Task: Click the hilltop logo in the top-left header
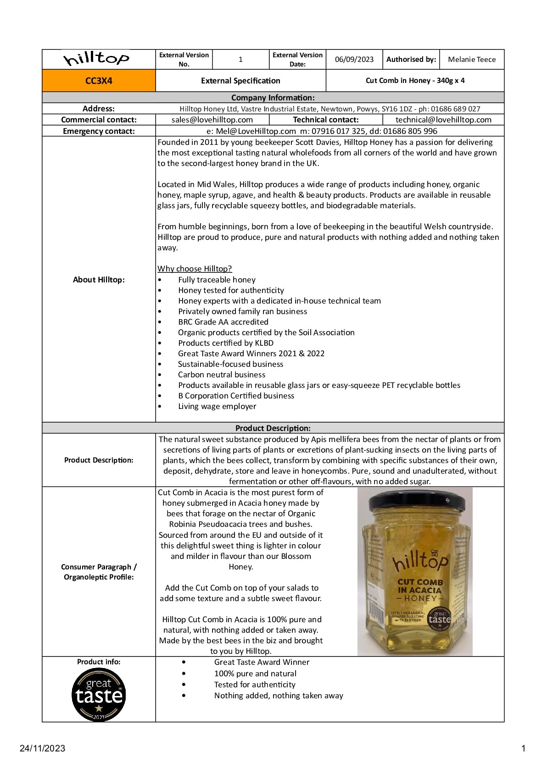click(x=97, y=59)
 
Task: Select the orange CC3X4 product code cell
click(x=99, y=81)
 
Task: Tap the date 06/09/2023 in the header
click(x=354, y=60)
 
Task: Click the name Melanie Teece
click(x=471, y=60)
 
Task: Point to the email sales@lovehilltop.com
click(x=212, y=120)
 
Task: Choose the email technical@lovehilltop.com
click(x=443, y=120)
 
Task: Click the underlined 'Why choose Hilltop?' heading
click(x=195, y=269)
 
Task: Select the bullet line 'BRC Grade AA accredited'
click(x=223, y=322)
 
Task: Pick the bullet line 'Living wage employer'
click(x=217, y=406)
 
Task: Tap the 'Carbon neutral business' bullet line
click(x=222, y=375)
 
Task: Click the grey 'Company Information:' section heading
click(x=273, y=98)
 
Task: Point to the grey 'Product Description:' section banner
click(x=273, y=428)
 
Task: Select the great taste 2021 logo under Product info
click(x=99, y=695)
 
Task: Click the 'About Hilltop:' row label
click(x=99, y=280)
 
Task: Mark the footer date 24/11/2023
click(x=42, y=748)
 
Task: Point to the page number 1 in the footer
click(x=523, y=748)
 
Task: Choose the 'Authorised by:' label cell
click(x=411, y=60)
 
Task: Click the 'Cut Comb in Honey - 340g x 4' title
click(x=415, y=81)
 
